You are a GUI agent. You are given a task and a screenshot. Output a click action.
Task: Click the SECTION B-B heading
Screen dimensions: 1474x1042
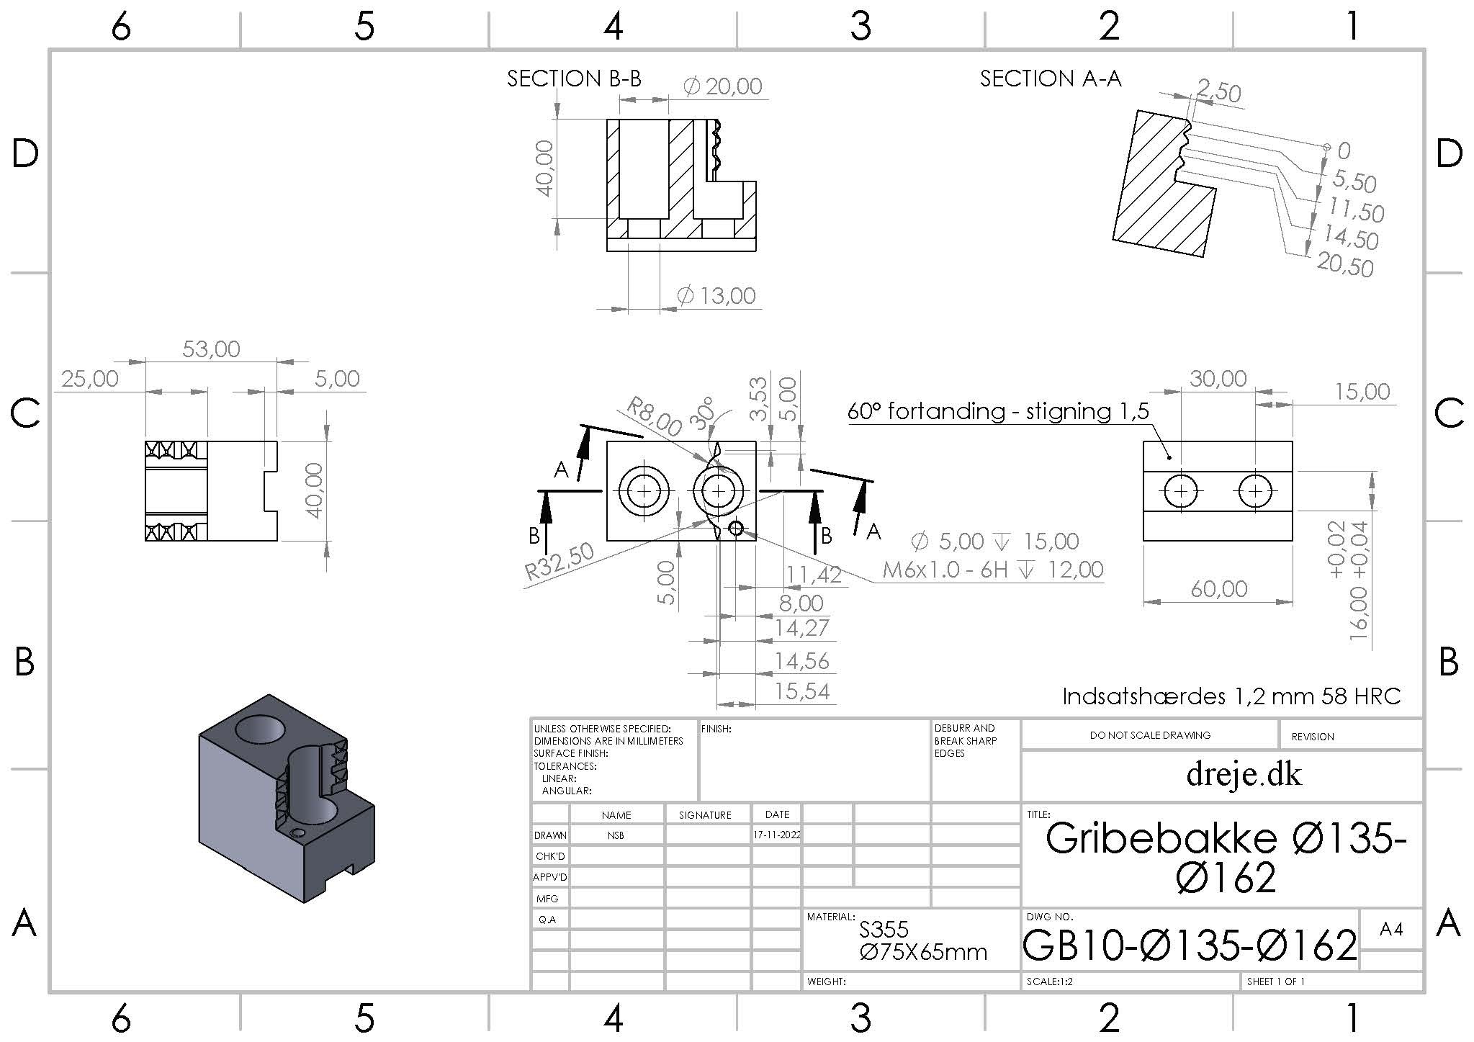pos(574,78)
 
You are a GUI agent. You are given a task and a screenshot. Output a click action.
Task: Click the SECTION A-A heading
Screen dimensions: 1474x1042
pos(1051,78)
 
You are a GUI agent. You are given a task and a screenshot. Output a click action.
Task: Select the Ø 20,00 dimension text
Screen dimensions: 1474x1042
pos(722,86)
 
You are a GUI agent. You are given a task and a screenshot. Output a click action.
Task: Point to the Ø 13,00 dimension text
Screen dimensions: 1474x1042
pos(716,295)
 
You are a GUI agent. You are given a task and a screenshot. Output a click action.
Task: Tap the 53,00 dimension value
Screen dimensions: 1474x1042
pos(211,349)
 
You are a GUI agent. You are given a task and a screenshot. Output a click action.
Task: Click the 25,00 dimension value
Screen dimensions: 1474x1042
pos(90,379)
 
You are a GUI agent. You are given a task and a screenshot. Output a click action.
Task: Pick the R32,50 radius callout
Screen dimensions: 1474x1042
pos(560,562)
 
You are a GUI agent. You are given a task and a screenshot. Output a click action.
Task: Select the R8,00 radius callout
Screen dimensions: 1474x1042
pos(654,416)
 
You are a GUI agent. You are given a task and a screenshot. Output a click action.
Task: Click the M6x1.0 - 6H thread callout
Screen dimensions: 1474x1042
pos(945,570)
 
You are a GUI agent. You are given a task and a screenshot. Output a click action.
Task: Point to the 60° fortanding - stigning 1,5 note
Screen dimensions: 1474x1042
pos(998,411)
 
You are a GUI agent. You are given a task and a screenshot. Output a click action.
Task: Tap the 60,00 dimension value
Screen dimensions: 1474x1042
pos(1218,589)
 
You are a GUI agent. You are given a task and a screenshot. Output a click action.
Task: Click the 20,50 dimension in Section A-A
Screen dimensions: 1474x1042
pos(1345,265)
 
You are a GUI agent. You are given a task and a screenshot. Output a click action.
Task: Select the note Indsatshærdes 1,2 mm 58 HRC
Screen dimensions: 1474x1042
pos(1232,696)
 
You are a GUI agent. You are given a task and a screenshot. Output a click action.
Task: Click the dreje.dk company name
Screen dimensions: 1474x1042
pos(1244,775)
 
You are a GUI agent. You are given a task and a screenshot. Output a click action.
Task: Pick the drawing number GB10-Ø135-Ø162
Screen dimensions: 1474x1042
pos(1190,945)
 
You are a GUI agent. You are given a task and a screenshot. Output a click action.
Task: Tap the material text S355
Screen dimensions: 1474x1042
pos(884,930)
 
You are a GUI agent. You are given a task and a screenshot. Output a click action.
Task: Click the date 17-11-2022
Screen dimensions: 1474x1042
pos(777,835)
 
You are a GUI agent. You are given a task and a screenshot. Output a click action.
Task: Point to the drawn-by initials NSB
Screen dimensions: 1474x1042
pos(616,835)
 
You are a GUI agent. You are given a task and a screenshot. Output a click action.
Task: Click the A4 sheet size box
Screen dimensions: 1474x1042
pos(1391,930)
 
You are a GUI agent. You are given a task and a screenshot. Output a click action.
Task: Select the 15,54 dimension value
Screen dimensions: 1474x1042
pos(803,691)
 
